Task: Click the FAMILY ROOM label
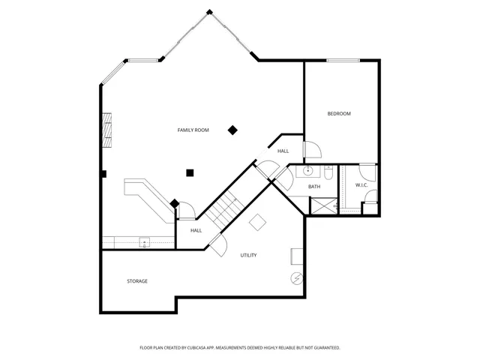(x=193, y=130)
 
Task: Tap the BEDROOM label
(x=339, y=113)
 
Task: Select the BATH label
(x=314, y=186)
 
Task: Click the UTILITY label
(x=248, y=255)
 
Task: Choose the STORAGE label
(x=136, y=281)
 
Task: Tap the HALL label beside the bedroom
(x=283, y=151)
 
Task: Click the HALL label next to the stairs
(x=196, y=230)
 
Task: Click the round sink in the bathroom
(x=307, y=171)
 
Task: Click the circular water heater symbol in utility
(x=296, y=278)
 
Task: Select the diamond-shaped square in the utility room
(x=257, y=223)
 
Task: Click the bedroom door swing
(x=311, y=150)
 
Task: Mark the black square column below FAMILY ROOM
(x=190, y=172)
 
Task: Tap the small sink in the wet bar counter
(x=143, y=241)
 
